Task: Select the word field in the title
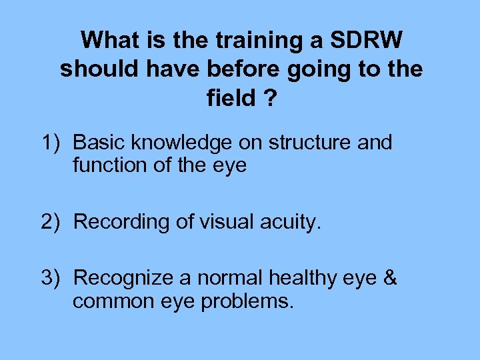231,98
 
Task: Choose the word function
110,165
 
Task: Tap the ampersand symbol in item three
391,278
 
